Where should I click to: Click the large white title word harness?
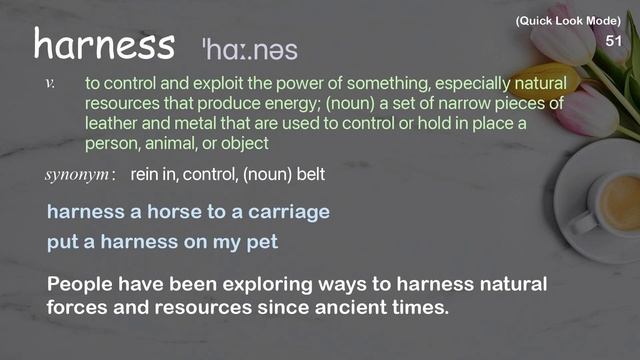pyautogui.click(x=104, y=44)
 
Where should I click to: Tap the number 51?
pyautogui.click(x=614, y=41)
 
